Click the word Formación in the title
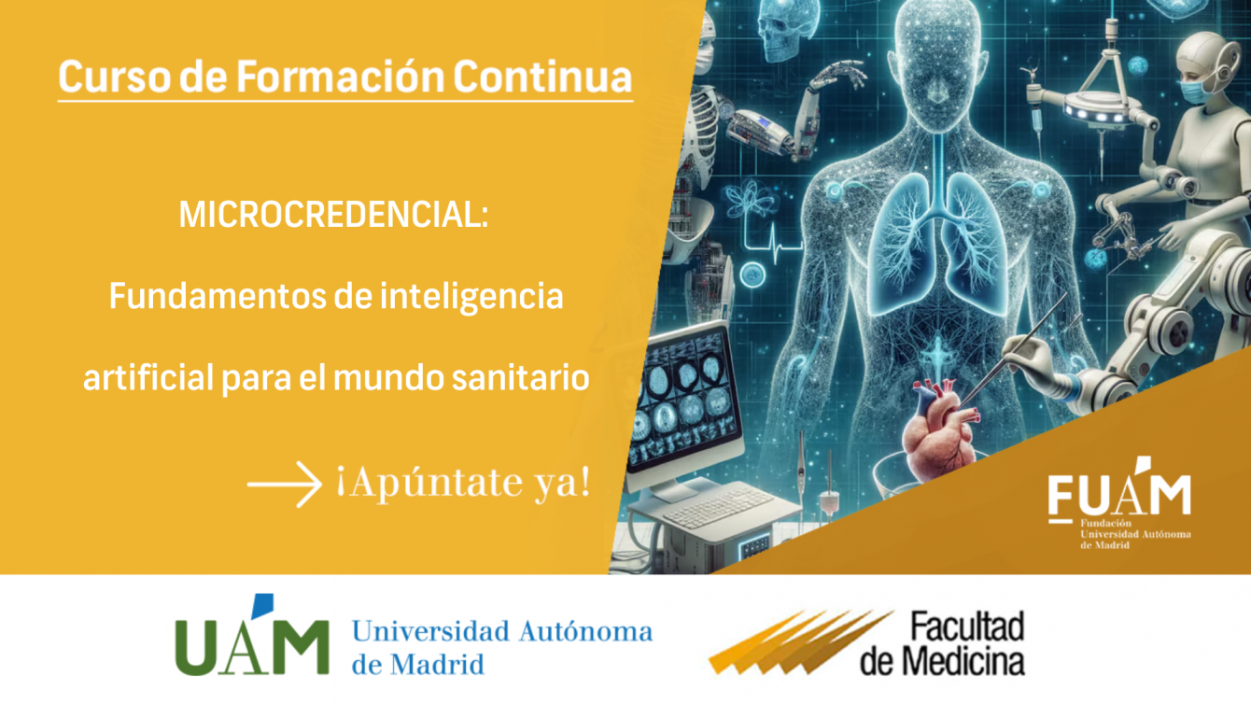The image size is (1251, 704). pyautogui.click(x=340, y=77)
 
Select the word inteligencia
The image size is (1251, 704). pyautogui.click(x=471, y=297)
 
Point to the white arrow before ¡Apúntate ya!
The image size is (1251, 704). pyautogui.click(x=284, y=484)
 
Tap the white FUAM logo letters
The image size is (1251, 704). pyautogui.click(x=1119, y=492)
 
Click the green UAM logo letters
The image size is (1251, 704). pyautogui.click(x=252, y=637)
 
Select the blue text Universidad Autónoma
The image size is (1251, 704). pyautogui.click(x=502, y=632)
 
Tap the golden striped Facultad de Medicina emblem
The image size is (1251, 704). pyautogui.click(x=801, y=641)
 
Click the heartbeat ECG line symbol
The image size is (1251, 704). pyautogui.click(x=775, y=244)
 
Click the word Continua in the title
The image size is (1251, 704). pyautogui.click(x=542, y=77)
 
